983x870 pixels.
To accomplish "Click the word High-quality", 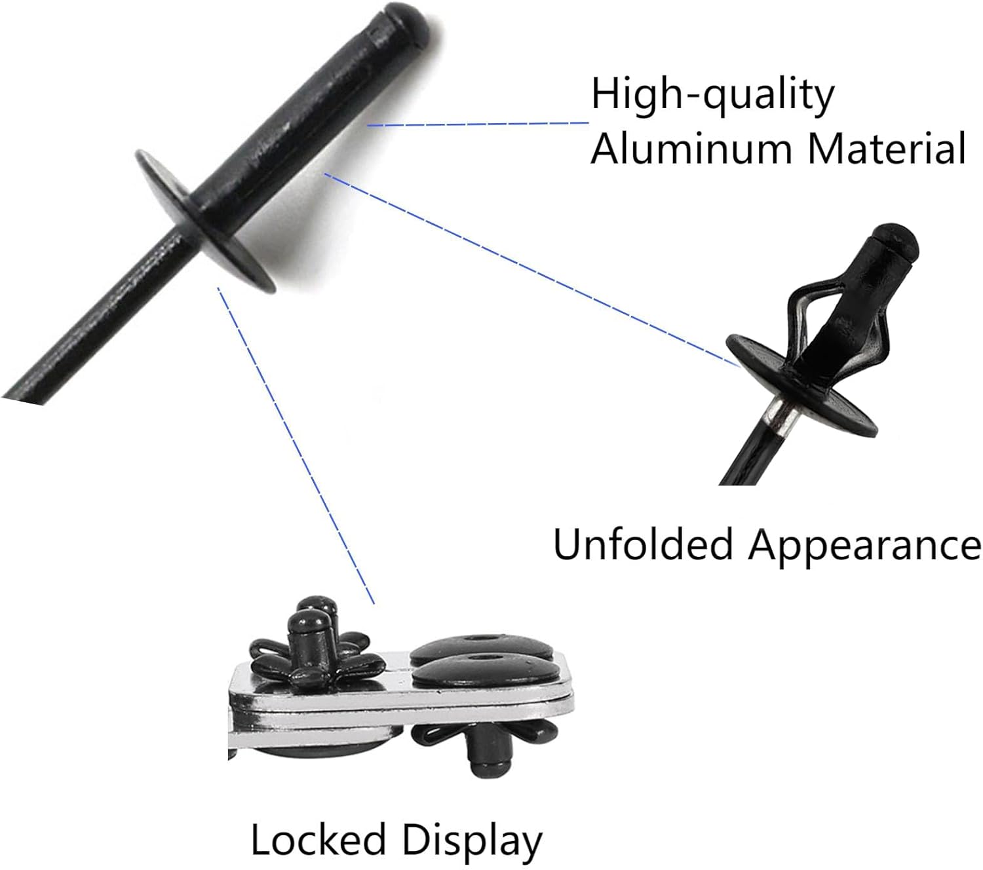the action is coord(712,95).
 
